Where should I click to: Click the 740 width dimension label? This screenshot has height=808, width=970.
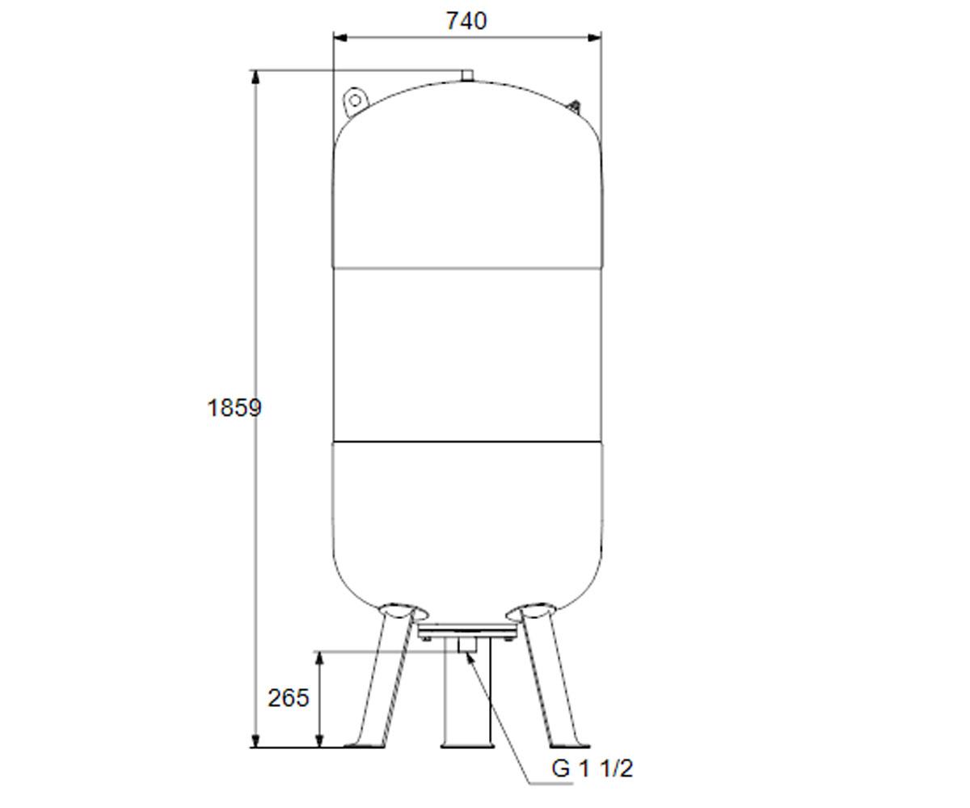click(466, 21)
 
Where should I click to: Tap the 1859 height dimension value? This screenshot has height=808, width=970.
click(234, 408)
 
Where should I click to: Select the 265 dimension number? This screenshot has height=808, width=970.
click(288, 697)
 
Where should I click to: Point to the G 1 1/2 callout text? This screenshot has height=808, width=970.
click(592, 768)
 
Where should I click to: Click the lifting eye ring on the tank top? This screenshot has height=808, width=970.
click(355, 101)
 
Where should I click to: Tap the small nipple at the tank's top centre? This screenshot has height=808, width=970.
click(467, 76)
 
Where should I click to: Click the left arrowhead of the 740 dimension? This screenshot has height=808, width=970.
click(340, 38)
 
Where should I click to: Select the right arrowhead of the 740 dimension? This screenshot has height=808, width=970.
click(595, 38)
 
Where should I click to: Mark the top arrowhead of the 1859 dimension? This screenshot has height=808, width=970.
click(255, 78)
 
